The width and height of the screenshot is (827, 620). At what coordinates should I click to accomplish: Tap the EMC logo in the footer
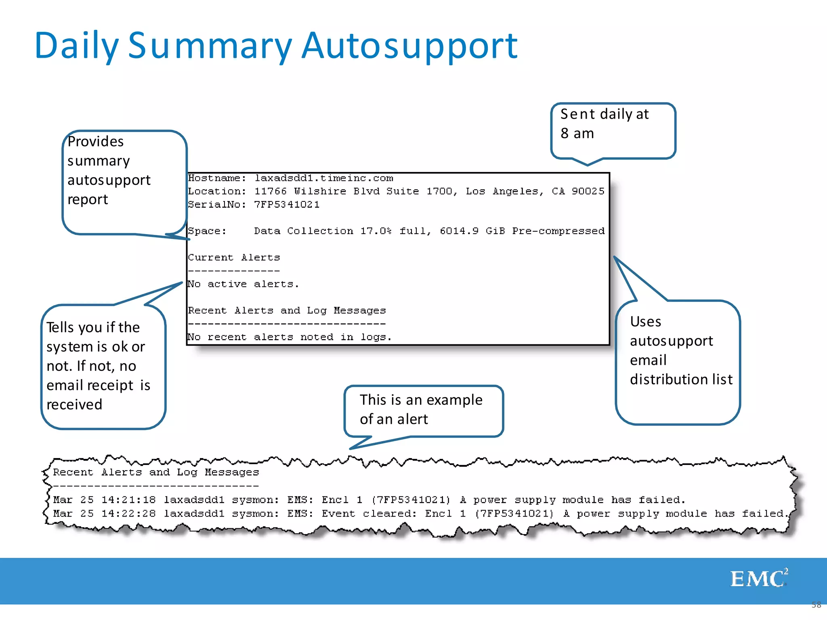tap(759, 578)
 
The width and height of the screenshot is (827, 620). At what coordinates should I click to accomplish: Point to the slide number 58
tap(816, 605)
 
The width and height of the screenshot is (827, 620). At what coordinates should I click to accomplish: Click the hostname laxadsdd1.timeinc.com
tap(323, 178)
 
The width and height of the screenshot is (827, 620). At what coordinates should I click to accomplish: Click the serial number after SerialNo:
tap(287, 205)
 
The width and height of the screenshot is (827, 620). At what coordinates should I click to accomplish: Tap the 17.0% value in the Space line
tap(376, 231)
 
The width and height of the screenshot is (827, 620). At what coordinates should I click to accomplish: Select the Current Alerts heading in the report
tap(234, 258)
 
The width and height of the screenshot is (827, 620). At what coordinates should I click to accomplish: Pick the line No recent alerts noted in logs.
tap(289, 337)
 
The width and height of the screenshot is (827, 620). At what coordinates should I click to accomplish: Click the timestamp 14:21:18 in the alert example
tap(128, 500)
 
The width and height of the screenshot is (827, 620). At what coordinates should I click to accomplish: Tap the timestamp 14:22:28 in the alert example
tap(128, 513)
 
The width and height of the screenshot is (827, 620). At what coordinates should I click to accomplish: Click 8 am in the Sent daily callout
tap(577, 133)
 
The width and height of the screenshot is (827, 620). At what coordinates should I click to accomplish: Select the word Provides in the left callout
tap(96, 142)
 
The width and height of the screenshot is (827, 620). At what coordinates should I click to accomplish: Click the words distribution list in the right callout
tap(681, 379)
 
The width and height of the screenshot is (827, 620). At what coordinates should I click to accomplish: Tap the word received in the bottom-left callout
tap(74, 404)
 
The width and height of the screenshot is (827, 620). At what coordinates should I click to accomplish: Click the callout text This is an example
tap(421, 400)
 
